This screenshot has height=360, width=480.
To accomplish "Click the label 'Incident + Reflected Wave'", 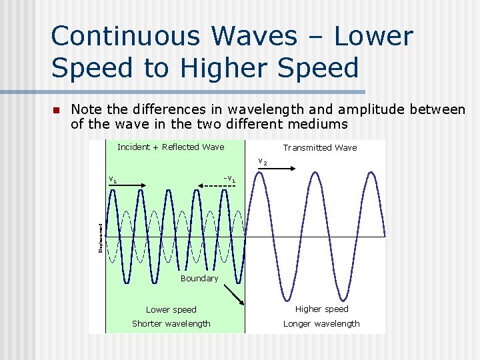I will pos(171,147).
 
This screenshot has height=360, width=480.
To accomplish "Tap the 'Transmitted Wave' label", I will pos(319,147).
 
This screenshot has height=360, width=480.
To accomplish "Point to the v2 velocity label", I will pos(263,162).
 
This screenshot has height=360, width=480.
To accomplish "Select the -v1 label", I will pos(229,179).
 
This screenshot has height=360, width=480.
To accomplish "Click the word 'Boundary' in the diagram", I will pos(199,278).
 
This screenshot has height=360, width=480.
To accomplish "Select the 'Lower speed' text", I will pos(171,309).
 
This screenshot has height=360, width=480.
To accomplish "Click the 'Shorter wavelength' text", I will pos(171,323).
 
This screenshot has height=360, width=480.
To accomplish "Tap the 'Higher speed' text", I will pos(321,309).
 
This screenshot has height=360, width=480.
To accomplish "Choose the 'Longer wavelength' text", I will pos(321,323).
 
